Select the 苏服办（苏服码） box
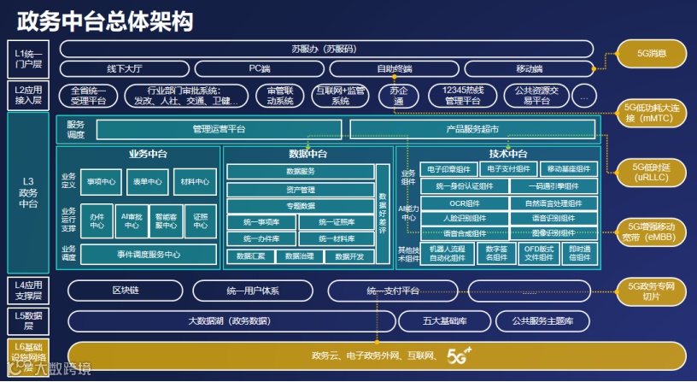pos(326,49)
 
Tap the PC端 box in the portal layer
pos(260,68)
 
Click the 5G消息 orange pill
pos(651,54)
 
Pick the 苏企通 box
pos(396,95)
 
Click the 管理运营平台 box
pos(219,130)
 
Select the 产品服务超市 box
pos(472,130)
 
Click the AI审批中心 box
pos(132,221)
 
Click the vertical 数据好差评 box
pos(383,213)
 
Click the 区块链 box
pos(125,291)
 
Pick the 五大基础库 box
pos(444,321)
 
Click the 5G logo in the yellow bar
pos(460,353)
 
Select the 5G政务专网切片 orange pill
pos(651,291)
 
